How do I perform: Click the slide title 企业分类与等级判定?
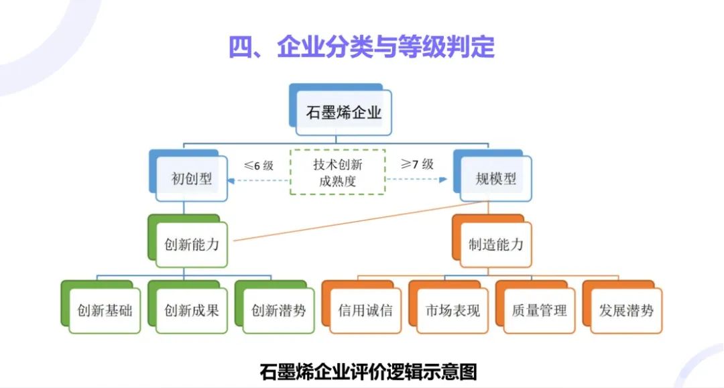point(361,47)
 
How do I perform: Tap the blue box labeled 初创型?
point(192,178)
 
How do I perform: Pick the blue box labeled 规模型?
point(495,178)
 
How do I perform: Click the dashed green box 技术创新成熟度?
point(337,172)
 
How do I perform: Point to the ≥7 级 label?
point(417,164)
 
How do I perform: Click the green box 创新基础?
point(105,310)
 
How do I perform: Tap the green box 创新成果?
point(192,310)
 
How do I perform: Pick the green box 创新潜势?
point(278,310)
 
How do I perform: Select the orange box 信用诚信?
point(365,310)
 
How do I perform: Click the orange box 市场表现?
point(452,310)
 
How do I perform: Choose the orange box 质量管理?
point(539,310)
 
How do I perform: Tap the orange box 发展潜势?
point(626,310)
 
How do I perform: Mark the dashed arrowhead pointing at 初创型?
point(232,180)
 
